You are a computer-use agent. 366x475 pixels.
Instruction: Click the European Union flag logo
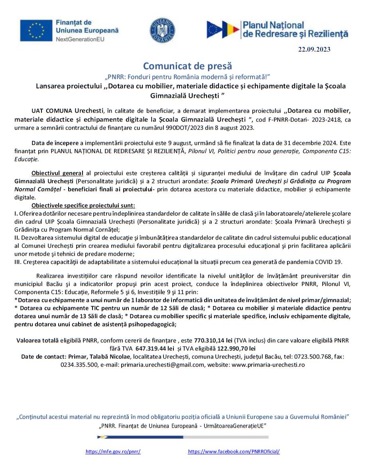(x=36, y=31)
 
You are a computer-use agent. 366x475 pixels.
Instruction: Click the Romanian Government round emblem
(x=162, y=30)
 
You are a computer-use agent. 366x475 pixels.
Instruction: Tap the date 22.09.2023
(x=314, y=50)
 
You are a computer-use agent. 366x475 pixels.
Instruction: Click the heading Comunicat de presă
(x=187, y=66)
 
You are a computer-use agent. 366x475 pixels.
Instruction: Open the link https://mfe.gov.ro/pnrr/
(x=113, y=452)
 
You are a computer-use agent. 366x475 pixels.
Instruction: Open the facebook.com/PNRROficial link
(x=234, y=452)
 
